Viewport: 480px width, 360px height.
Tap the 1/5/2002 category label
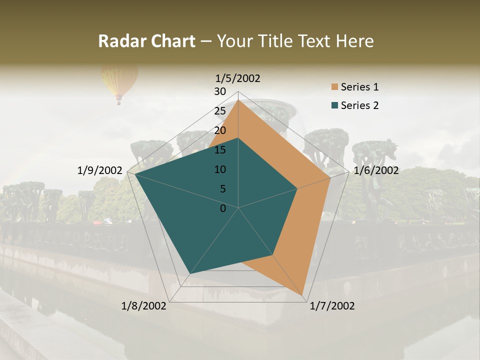tap(238, 78)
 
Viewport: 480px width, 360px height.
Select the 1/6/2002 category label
tap(376, 170)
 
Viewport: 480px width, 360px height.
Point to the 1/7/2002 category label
tap(332, 306)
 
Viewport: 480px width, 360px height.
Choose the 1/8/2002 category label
tap(144, 306)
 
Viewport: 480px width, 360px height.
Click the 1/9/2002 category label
tap(100, 170)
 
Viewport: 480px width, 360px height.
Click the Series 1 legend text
tap(359, 87)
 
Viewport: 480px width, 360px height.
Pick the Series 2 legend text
tap(359, 105)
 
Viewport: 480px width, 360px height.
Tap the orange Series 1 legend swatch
tap(334, 87)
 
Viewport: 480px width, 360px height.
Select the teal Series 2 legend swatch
tap(334, 105)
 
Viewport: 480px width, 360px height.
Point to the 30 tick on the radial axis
tap(220, 91)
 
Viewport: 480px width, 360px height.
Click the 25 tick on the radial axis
tap(220, 111)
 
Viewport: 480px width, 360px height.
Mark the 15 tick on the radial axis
tap(220, 150)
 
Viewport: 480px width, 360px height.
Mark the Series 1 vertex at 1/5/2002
tap(238, 99)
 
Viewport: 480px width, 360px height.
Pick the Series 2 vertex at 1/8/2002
tap(189, 274)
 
